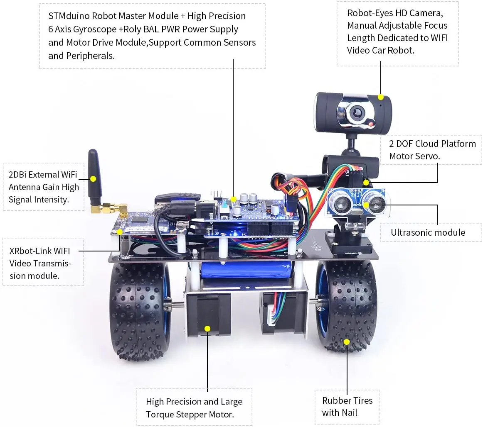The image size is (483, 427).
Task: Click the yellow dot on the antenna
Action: coord(93,179)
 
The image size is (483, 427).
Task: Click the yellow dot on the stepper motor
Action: coord(207,328)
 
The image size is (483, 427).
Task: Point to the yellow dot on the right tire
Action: coord(347,341)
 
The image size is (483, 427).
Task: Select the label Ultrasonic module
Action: coord(428,232)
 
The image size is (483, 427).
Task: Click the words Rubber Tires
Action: coord(347,400)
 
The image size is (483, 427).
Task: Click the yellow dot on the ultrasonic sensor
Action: coord(366,204)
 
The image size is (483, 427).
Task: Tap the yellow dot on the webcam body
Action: coord(381,97)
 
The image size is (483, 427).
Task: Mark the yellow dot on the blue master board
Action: coord(234,200)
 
